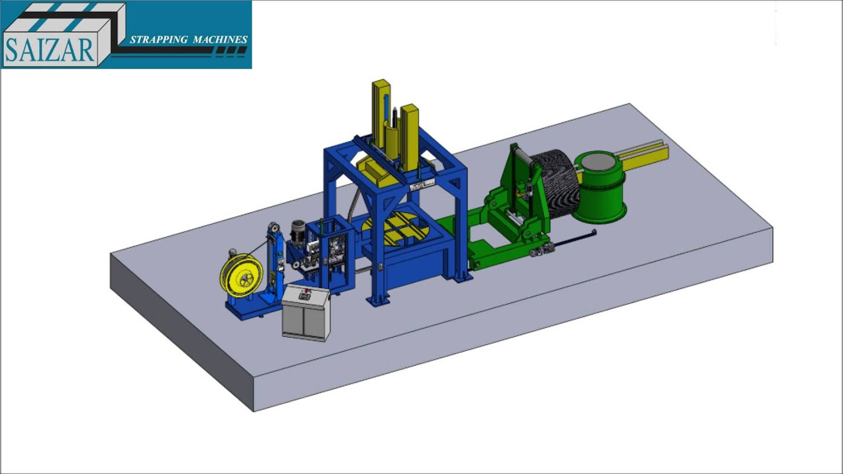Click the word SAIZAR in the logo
(49, 50)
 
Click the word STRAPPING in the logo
(159, 39)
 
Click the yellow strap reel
(241, 277)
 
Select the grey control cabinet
(306, 313)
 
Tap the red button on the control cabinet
(306, 290)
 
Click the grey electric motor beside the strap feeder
(298, 232)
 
